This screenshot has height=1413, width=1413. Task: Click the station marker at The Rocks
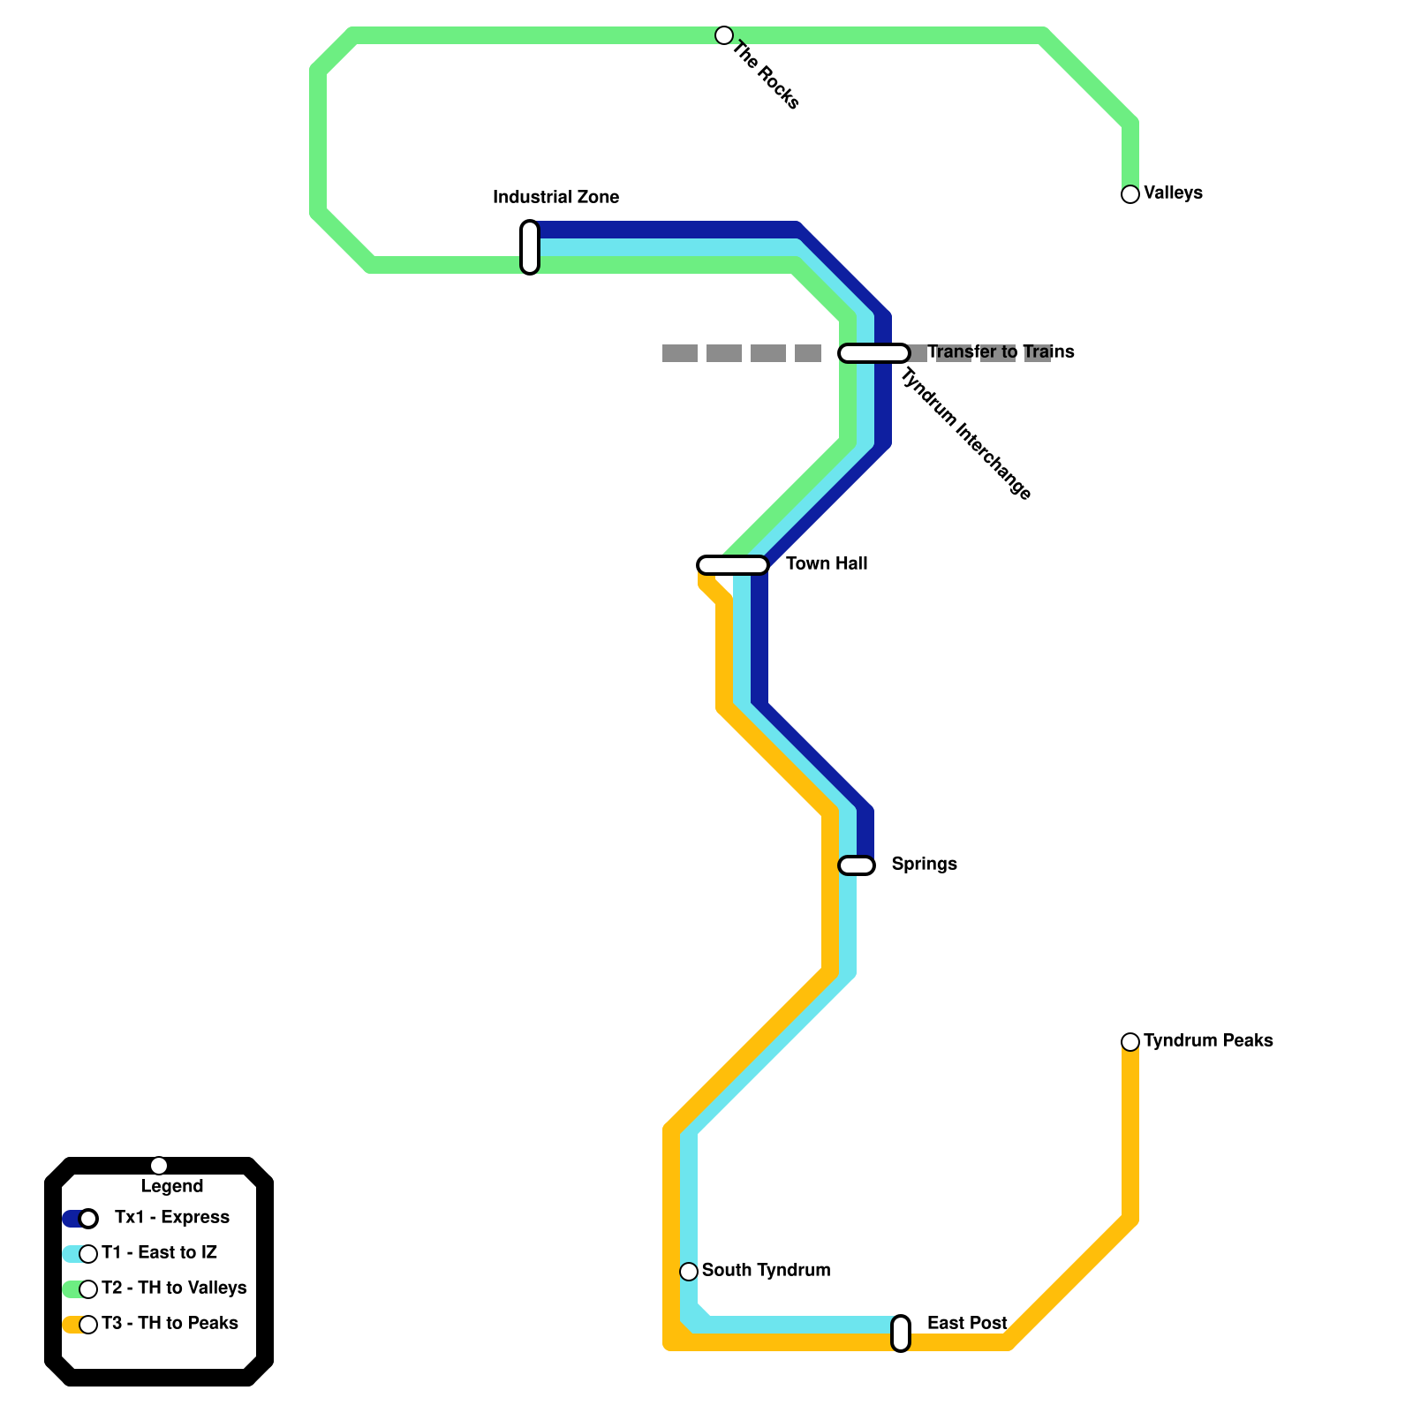click(x=724, y=35)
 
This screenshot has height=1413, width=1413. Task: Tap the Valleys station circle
click(x=1130, y=194)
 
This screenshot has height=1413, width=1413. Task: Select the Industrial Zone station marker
click(x=530, y=247)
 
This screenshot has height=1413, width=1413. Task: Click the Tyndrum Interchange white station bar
click(x=874, y=353)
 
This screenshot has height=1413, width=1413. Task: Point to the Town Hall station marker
click(x=733, y=565)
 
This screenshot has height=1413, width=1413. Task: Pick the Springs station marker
click(x=857, y=865)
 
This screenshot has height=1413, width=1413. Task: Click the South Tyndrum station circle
click(x=689, y=1272)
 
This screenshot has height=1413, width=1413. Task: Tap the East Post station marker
click(x=901, y=1334)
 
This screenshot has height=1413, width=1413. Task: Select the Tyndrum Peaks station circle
click(x=1130, y=1042)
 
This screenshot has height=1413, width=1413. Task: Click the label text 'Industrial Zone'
click(x=555, y=197)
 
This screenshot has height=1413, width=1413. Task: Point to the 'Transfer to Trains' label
click(x=1001, y=351)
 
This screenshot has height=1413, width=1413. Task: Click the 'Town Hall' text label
click(x=827, y=563)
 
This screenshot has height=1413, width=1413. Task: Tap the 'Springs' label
click(x=924, y=864)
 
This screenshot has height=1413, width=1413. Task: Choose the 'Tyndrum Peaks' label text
click(x=1208, y=1040)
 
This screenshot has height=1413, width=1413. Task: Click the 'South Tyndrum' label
click(x=766, y=1270)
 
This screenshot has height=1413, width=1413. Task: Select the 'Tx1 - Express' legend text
click(x=172, y=1217)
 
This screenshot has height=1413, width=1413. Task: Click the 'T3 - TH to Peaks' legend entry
click(x=170, y=1323)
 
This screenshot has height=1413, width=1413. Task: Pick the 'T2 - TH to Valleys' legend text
click(x=174, y=1288)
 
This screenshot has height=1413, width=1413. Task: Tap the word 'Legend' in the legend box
click(x=172, y=1186)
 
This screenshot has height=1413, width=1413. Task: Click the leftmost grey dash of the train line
click(x=680, y=353)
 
